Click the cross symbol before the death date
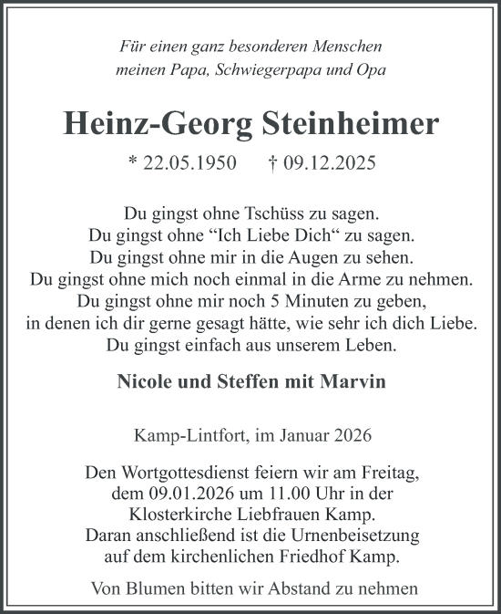(x=272, y=162)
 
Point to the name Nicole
(x=148, y=381)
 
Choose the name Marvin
(x=355, y=381)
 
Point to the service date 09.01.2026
(x=165, y=494)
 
